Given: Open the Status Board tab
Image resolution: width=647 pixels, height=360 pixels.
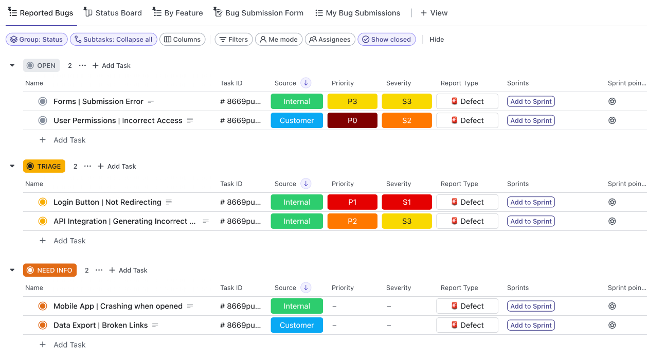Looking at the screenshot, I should coord(113,13).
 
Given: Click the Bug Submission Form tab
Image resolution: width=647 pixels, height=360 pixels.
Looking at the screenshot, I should coord(259,13).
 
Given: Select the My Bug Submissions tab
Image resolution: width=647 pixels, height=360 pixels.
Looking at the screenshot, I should coord(358,13).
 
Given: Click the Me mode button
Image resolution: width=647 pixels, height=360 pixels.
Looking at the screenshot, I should coord(278,40).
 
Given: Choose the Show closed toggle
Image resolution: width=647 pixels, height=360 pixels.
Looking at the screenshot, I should coord(386,40).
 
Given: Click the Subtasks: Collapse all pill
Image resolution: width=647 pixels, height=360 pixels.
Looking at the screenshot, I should coord(113,40).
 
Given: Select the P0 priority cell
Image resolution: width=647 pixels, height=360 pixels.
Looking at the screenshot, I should coord(352,120).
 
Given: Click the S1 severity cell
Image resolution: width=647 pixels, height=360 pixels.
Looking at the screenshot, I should coord(407,202).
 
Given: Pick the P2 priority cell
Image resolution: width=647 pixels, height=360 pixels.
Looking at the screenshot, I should coord(352,221).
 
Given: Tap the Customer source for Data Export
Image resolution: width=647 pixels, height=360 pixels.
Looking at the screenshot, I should coord(297,325).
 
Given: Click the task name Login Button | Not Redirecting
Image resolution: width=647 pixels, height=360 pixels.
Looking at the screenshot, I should coord(107,202).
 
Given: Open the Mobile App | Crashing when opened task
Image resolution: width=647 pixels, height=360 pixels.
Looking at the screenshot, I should coord(118,306).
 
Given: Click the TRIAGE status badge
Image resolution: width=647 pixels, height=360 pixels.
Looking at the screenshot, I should coord(44,166).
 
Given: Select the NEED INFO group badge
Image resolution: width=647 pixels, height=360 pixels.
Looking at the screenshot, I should coord(50,270).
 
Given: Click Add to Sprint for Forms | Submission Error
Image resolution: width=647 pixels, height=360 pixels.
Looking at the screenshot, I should coord(531,101).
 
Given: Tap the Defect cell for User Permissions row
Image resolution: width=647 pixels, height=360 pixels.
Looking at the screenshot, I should coord(467,120).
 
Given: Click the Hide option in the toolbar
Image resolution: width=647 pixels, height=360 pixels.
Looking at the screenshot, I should coord(437,40).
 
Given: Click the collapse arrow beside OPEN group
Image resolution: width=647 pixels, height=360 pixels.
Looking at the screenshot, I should coord(12,65).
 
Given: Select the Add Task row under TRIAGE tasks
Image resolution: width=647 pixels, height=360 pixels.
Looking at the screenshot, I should coord(69,241).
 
